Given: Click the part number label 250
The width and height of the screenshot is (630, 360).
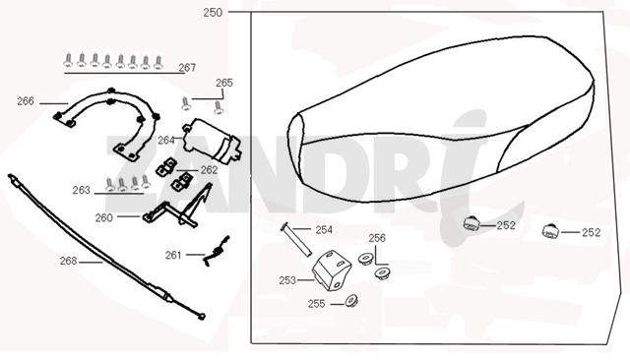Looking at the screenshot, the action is (x=213, y=13).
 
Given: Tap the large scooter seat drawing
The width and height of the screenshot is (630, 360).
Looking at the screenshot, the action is (x=441, y=119).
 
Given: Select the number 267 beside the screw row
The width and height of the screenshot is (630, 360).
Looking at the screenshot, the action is (x=187, y=68).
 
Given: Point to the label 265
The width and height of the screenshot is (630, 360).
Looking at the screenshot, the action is (x=224, y=83).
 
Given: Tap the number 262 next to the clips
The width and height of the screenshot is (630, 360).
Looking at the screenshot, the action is (x=209, y=170).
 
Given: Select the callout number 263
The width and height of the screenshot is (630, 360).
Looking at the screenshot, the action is (x=81, y=190).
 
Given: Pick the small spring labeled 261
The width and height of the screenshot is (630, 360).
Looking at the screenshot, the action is (x=216, y=251).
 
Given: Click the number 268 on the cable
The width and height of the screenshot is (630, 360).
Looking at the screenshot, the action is (x=68, y=261).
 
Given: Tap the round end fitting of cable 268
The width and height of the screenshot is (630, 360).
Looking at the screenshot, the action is (x=202, y=317).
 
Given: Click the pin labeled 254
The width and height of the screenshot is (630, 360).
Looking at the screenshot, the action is (x=295, y=240).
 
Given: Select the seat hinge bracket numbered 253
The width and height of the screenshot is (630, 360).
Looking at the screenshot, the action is (x=332, y=270).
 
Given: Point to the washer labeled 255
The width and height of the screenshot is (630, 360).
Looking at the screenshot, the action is (x=351, y=301).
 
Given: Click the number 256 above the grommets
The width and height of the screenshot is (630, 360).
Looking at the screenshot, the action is (x=377, y=238).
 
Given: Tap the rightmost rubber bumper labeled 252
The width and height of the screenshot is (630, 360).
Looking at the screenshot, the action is (x=550, y=231).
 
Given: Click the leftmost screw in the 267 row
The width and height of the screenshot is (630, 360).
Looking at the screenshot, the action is (x=69, y=60).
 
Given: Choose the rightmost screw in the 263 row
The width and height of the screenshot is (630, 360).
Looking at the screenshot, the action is (x=146, y=182).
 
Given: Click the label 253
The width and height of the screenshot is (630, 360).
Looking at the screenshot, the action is (x=287, y=280).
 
